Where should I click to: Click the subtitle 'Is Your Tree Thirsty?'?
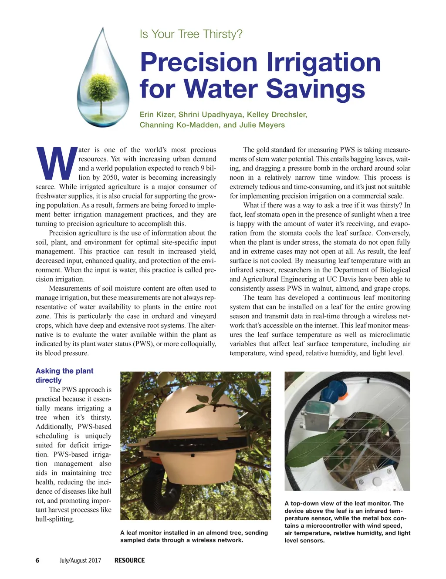pyautogui.click(x=191, y=34)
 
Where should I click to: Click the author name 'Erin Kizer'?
pyautogui.click(x=156, y=114)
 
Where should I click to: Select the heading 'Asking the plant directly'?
pyautogui.click(x=64, y=375)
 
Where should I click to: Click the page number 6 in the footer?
pyautogui.click(x=37, y=560)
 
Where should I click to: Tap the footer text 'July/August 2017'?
pyautogui.click(x=80, y=560)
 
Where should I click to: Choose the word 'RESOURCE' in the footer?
pyautogui.click(x=129, y=560)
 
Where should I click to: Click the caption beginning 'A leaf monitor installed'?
pyautogui.click(x=194, y=536)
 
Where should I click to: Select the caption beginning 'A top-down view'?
pyautogui.click(x=347, y=522)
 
